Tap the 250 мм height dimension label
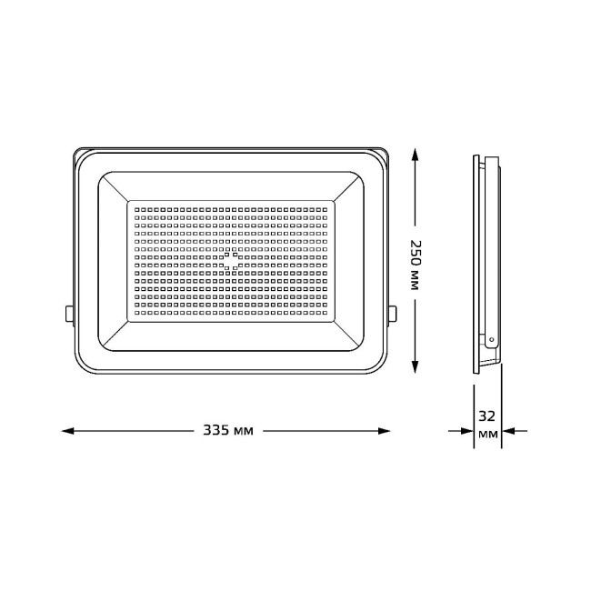pos(416,265)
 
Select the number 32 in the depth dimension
pos(487,416)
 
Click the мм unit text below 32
pos(487,437)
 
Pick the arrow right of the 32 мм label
pos(513,430)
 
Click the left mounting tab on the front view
pos(69,314)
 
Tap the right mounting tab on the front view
pos(393,314)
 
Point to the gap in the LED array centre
pos(230,261)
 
